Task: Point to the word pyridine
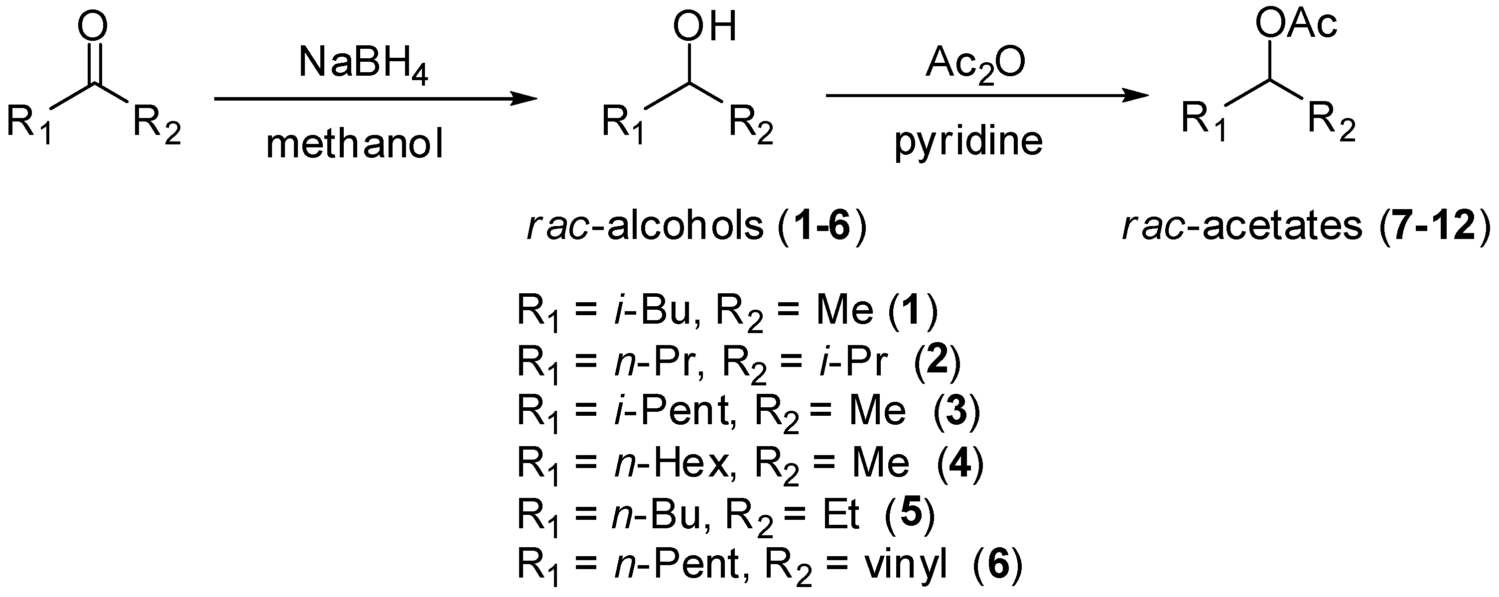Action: (x=968, y=141)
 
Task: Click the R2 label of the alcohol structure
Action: (x=751, y=123)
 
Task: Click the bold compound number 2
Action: (x=937, y=361)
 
